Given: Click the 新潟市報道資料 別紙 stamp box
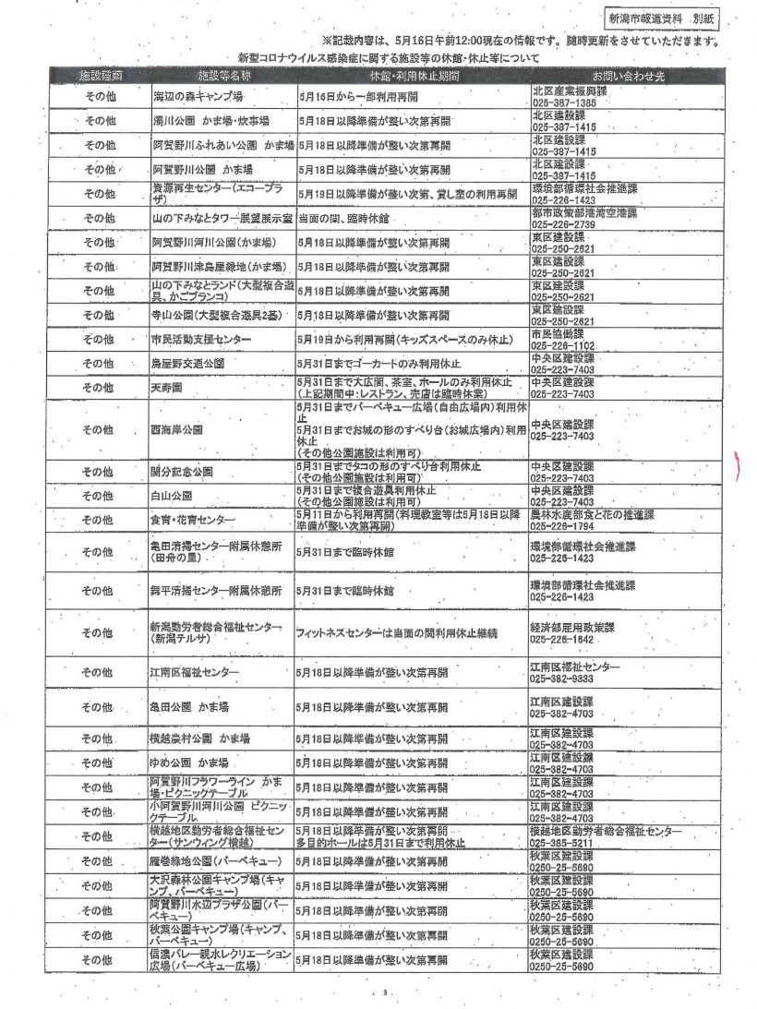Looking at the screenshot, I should [x=660, y=18].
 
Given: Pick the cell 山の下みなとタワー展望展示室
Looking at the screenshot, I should [x=222, y=218].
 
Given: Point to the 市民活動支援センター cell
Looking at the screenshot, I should [x=201, y=339].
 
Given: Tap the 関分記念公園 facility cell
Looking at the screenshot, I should [x=182, y=471].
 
